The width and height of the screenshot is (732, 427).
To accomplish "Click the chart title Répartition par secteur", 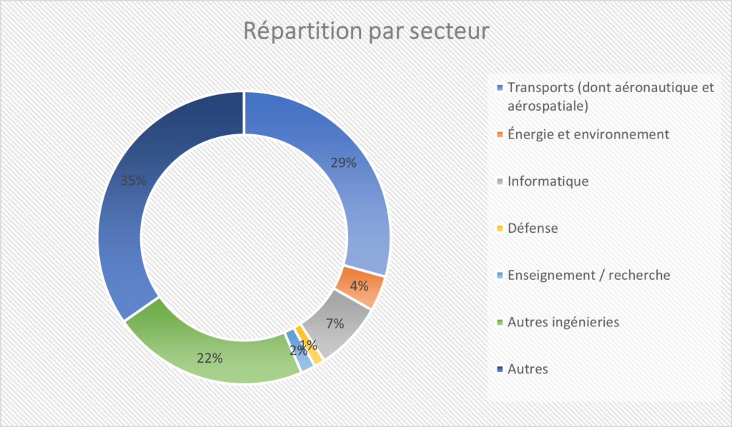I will click(x=365, y=31).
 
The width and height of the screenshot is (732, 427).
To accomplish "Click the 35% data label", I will click(x=133, y=181).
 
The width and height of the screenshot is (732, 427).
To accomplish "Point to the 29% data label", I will click(x=343, y=163).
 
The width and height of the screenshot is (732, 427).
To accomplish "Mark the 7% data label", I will click(x=335, y=323).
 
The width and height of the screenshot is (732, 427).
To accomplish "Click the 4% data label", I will click(x=359, y=286).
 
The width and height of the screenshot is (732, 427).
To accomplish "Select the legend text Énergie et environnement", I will click(x=588, y=134).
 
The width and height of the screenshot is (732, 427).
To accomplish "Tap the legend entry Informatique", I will click(x=548, y=181).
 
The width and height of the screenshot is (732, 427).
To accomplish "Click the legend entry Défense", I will click(x=533, y=228).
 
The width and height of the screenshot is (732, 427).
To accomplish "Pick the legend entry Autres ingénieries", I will click(x=563, y=322).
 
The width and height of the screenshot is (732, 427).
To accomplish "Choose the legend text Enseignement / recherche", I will click(x=588, y=275).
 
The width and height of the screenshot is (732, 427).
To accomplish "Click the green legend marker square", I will click(x=499, y=323).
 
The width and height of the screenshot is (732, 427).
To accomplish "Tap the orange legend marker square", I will click(x=499, y=134).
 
